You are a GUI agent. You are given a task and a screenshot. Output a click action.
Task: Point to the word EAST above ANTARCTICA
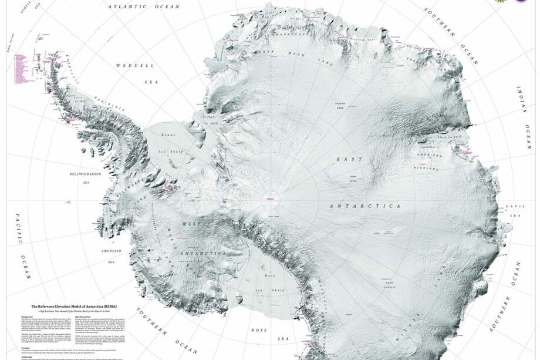tap(345, 159)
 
